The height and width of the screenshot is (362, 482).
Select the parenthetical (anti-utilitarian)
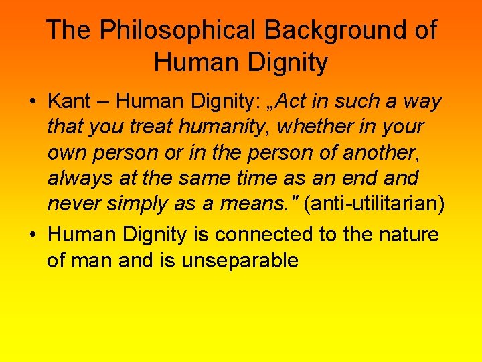[374, 204]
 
